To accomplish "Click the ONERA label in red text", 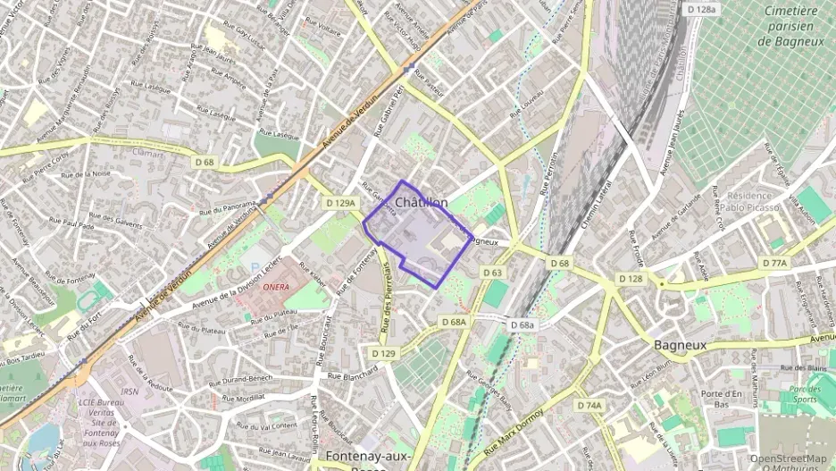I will click(277, 287).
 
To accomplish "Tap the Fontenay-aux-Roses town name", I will click(367, 457).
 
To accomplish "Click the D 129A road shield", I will click(339, 203).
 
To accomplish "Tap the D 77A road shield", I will click(774, 263).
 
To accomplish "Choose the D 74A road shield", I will click(589, 405).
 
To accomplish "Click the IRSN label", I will click(130, 391).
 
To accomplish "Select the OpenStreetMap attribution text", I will click(788, 458).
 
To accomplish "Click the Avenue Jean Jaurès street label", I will click(672, 142).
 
